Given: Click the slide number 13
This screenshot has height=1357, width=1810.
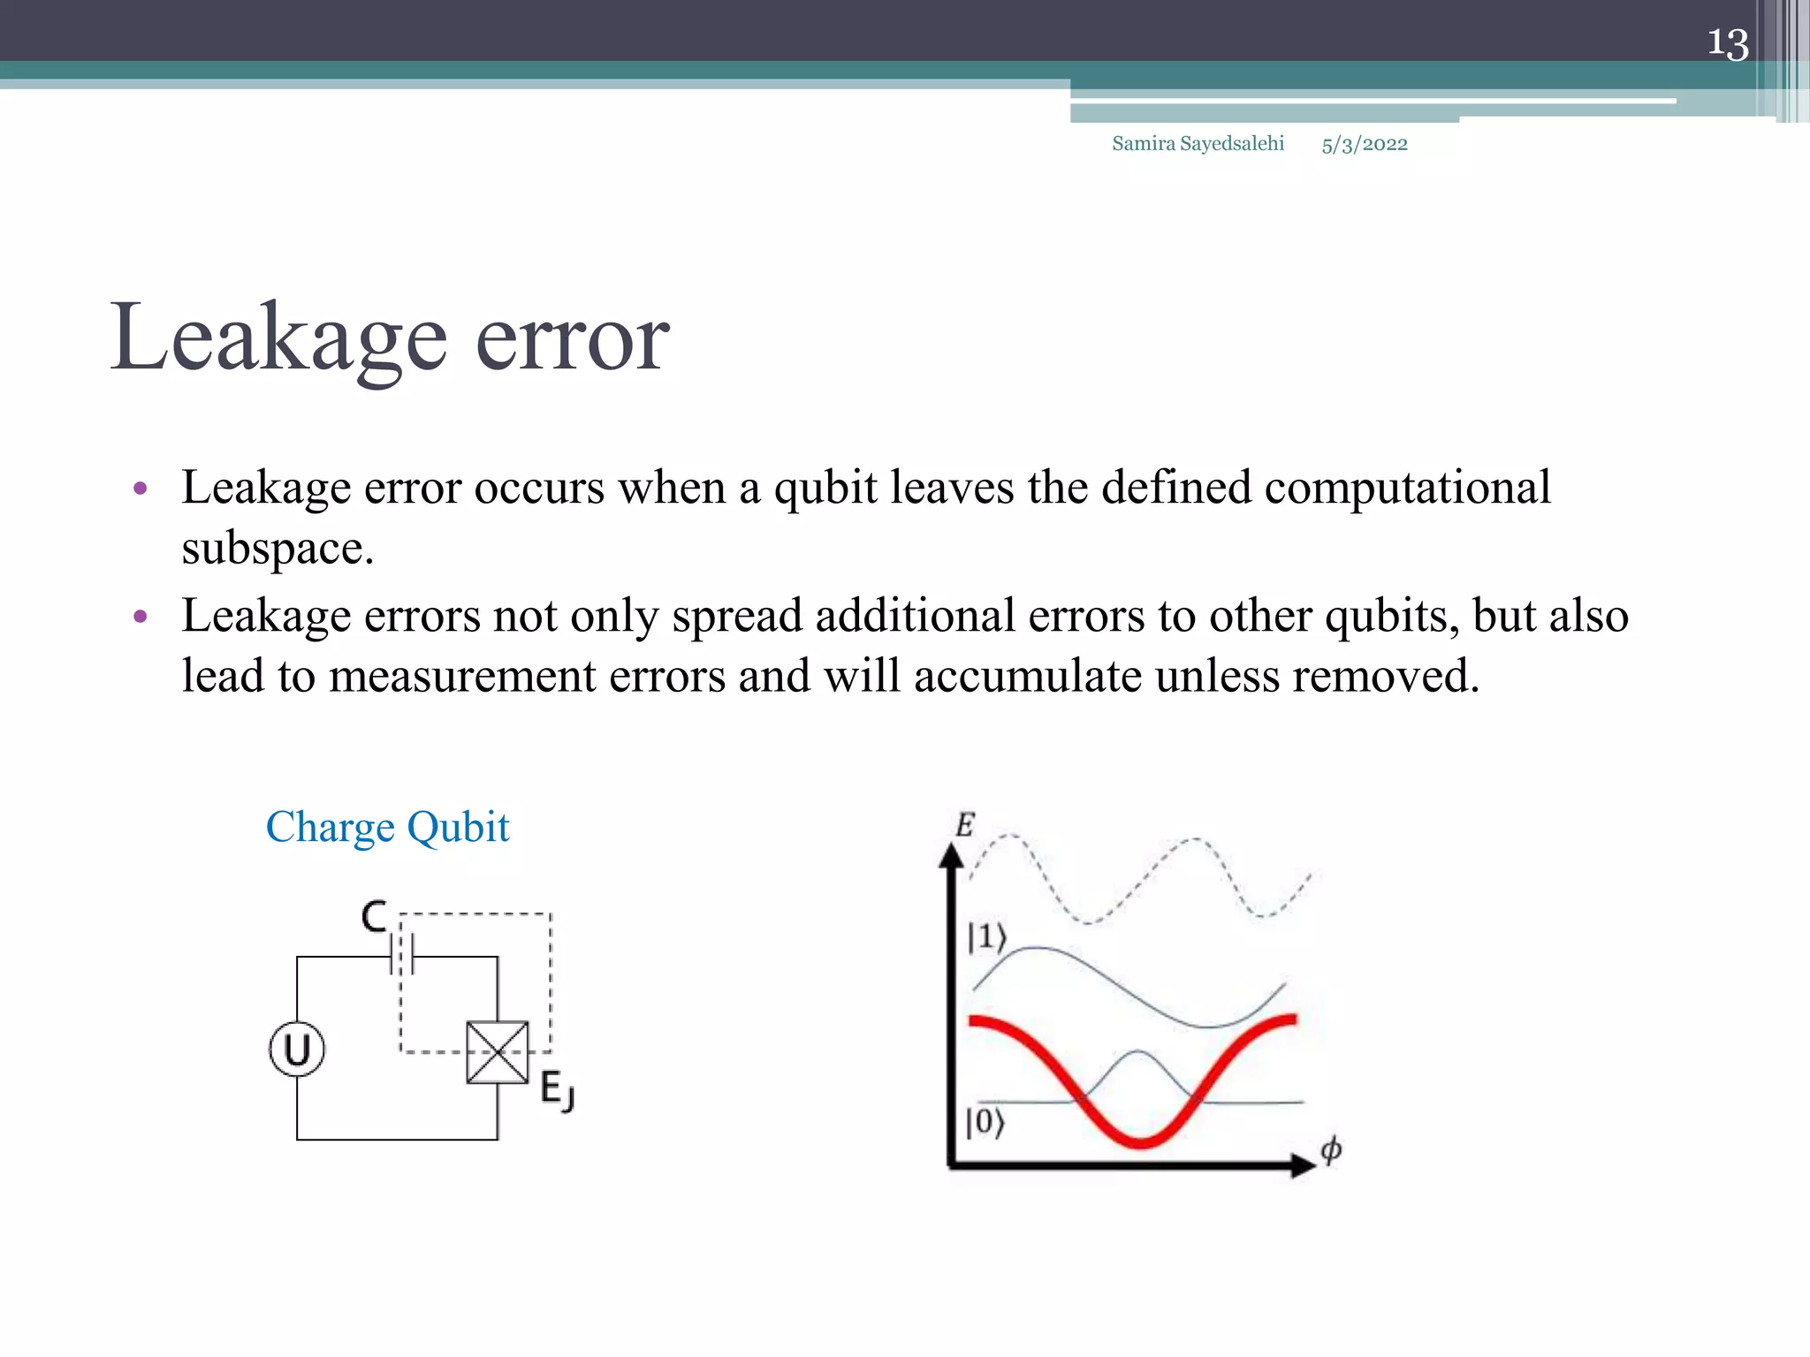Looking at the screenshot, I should (1727, 43).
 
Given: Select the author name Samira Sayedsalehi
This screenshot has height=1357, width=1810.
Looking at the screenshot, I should (1198, 144).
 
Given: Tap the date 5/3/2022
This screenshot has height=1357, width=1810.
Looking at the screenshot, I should (1364, 145).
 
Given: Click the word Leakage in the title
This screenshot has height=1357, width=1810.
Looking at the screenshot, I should (278, 340).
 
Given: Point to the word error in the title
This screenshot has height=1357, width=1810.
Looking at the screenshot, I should (572, 340).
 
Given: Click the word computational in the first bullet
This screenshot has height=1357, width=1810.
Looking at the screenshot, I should (1407, 489).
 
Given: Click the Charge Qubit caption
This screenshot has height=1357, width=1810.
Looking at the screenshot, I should (387, 828).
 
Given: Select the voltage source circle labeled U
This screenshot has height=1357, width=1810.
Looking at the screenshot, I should (297, 1050).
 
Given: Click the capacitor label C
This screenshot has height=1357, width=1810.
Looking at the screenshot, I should (374, 917).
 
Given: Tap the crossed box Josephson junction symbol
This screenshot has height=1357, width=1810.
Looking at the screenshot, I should (498, 1052).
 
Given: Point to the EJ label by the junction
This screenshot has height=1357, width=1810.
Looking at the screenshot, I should (557, 1090).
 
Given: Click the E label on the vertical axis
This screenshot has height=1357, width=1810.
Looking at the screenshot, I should (964, 825).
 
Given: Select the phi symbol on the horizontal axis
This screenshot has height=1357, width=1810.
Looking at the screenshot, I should (1331, 1149).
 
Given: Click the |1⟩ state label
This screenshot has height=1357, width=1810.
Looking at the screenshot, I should (986, 937).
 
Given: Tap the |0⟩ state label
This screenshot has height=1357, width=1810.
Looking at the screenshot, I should (985, 1123).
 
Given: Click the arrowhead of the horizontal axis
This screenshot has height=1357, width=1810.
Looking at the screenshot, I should (1303, 1165).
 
